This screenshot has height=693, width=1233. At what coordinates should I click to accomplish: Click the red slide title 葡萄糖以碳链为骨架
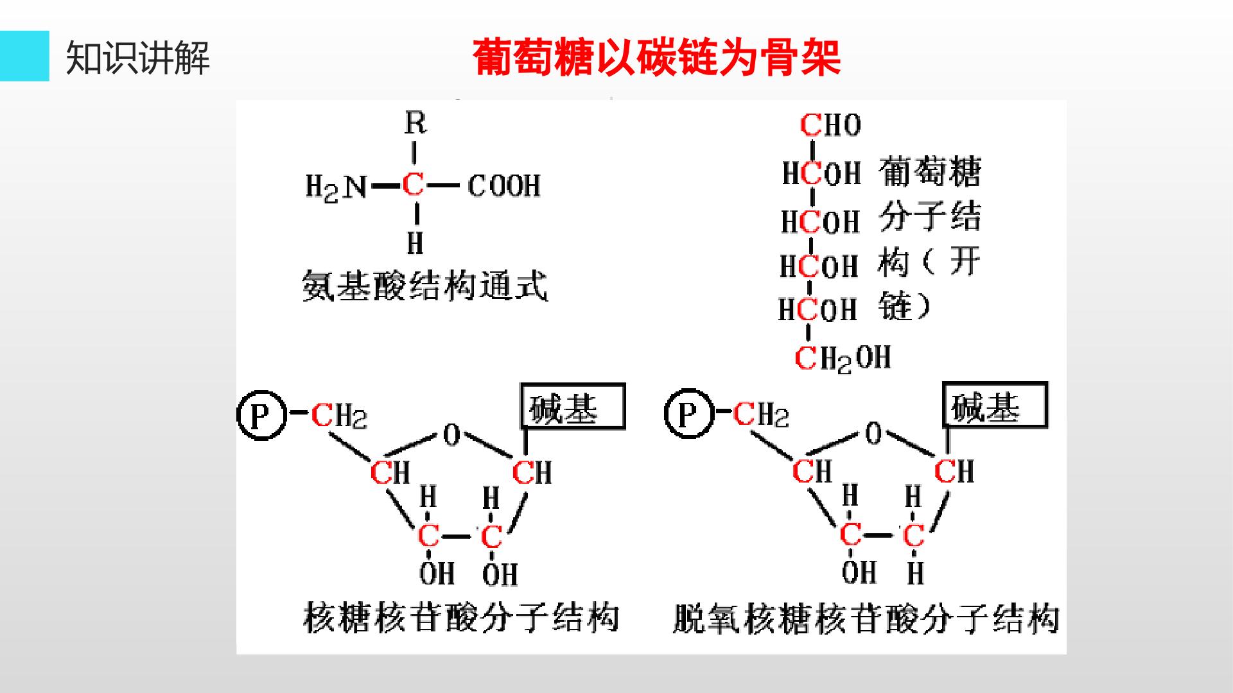click(x=656, y=58)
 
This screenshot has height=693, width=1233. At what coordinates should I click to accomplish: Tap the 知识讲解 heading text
click(x=137, y=58)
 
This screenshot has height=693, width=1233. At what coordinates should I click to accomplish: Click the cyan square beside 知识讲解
click(x=24, y=56)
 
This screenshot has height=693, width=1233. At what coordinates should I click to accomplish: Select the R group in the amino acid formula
click(x=415, y=123)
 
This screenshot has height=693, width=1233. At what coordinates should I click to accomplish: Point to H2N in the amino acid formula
click(x=336, y=187)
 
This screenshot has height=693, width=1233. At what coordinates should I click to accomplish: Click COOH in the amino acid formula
click(x=504, y=186)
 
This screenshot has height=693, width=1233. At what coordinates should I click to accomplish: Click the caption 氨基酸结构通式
click(x=424, y=285)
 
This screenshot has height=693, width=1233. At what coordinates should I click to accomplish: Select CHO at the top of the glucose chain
click(x=830, y=124)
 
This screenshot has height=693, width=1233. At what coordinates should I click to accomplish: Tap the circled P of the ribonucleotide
click(x=261, y=415)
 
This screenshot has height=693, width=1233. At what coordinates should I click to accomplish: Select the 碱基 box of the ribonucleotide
click(x=573, y=406)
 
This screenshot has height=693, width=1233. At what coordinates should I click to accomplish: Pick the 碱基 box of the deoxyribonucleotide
click(x=995, y=405)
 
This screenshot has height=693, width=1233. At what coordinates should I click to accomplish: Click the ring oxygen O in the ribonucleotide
click(x=451, y=436)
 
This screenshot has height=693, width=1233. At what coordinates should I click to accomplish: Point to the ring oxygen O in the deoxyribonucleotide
click(x=873, y=434)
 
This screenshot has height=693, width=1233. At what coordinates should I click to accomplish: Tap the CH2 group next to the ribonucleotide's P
click(x=339, y=416)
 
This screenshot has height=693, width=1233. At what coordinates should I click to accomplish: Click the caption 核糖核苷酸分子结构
click(x=461, y=617)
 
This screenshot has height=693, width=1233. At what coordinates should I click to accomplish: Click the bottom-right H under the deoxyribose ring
click(x=915, y=572)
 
